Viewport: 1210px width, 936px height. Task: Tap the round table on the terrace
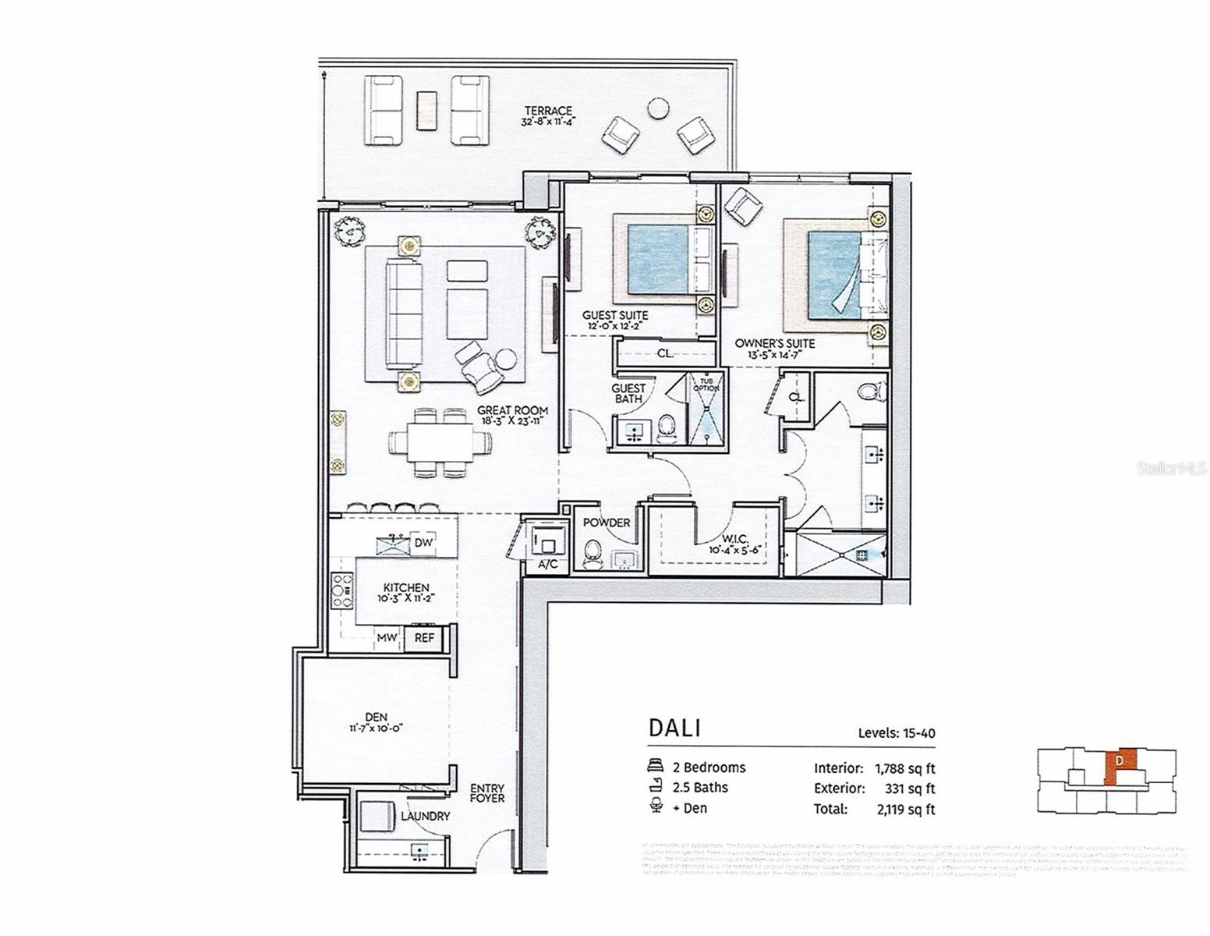[x=659, y=108]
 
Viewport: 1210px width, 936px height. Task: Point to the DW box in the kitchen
[x=423, y=543]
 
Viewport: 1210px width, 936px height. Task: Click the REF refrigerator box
[x=424, y=638]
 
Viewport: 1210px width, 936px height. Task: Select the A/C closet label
[x=548, y=565]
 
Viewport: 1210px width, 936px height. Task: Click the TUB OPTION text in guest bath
[x=706, y=383]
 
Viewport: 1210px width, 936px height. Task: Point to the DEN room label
[x=376, y=717]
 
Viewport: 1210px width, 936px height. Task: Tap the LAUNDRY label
[x=425, y=816]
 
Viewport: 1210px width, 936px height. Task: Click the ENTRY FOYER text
[x=487, y=793]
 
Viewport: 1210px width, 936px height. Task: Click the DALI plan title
[x=674, y=728]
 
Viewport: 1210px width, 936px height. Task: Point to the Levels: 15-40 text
[x=896, y=733]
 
